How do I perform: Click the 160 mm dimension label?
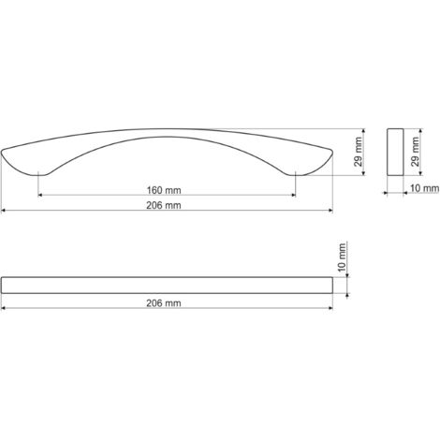pos(164,190)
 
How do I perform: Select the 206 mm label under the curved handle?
pos(164,205)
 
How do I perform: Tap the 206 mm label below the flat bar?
pos(164,303)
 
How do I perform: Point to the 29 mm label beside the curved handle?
pos(359,152)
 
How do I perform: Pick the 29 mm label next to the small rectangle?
pos(415,152)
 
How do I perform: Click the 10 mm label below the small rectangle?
pos(424,188)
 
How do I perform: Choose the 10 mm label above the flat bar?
pos(342,257)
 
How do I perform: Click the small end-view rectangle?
pos(395,152)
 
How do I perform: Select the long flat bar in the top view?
pos(167,286)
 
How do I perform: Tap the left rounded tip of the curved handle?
pos(3,152)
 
